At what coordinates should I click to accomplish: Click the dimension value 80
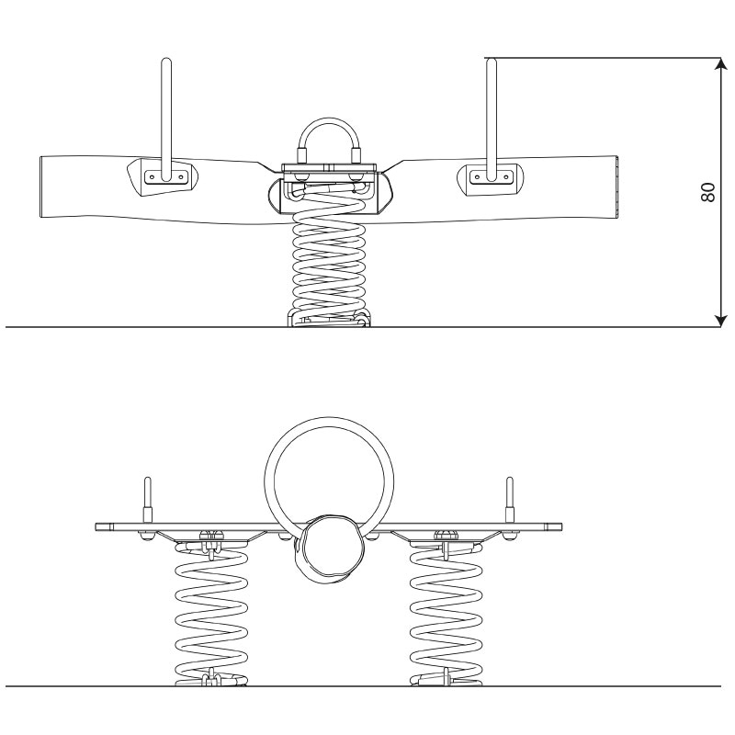tap(707, 192)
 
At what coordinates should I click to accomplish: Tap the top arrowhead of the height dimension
tap(720, 63)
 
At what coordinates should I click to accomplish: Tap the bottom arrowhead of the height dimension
tap(720, 321)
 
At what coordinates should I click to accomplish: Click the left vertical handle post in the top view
tap(166, 119)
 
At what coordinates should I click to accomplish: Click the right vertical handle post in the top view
tap(492, 119)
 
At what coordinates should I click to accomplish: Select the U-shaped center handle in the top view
tap(329, 126)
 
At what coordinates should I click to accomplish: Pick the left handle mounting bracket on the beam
tap(163, 177)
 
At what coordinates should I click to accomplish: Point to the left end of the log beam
tap(41, 187)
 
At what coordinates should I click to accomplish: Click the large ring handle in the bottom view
tap(329, 418)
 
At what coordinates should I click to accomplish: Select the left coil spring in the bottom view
tap(211, 614)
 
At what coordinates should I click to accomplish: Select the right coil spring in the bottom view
tap(446, 614)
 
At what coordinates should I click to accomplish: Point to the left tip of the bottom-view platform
tap(96, 526)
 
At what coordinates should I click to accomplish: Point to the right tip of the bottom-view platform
tap(561, 526)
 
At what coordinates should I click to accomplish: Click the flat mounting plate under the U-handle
tap(329, 168)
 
